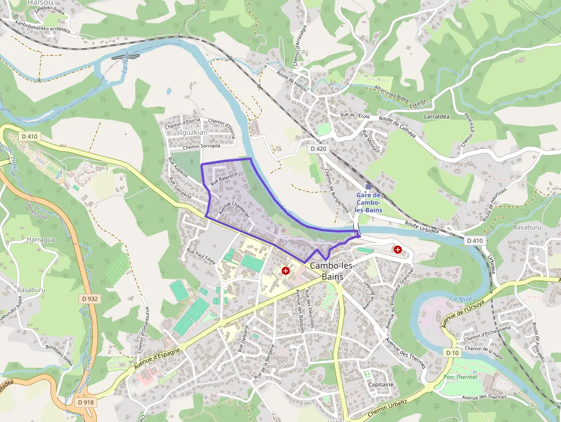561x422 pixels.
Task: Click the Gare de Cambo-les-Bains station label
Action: point(368,203)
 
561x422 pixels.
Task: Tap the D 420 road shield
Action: point(318,149)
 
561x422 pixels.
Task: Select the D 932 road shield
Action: point(90,298)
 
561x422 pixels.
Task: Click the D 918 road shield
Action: point(85,402)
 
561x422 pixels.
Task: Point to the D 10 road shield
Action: point(452,353)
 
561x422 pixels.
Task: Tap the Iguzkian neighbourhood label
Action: point(193,132)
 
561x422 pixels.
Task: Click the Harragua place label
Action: point(41,239)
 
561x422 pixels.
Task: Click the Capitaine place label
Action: point(381,384)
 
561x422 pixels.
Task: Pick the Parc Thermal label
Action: point(460,377)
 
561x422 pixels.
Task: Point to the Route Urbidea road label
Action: point(421,227)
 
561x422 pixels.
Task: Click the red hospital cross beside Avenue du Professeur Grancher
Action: point(398,250)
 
